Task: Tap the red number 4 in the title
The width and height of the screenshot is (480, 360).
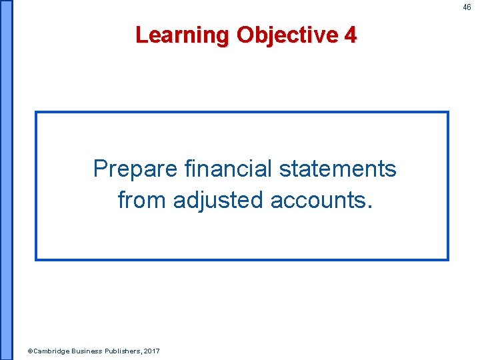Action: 351,35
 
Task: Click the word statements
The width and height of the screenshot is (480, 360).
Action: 337,169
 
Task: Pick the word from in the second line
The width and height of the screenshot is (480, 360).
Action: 141,199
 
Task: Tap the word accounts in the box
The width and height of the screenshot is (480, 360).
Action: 317,200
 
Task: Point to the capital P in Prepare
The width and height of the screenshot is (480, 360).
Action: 100,169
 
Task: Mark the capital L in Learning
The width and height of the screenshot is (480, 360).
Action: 141,35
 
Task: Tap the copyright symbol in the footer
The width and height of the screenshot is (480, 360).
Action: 29,351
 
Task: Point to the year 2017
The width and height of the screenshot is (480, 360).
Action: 152,351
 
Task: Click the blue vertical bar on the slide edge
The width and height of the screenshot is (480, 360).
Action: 6,180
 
